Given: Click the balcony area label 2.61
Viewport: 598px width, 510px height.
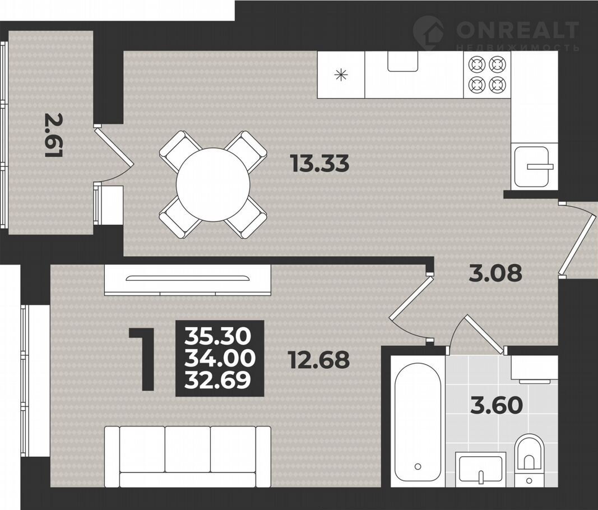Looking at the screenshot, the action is (54, 135).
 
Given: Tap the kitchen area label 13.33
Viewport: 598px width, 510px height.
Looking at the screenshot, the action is (319, 164).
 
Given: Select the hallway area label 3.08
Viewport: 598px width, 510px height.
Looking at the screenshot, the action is (495, 273).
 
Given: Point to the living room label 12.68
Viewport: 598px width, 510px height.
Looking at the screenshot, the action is (319, 360).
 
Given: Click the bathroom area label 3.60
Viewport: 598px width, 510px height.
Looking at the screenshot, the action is (496, 405).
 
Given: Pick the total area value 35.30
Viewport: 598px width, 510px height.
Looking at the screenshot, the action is (218, 336).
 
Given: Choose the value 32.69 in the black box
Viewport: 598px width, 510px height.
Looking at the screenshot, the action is (218, 379).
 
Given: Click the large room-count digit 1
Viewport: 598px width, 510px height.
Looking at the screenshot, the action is (143, 359).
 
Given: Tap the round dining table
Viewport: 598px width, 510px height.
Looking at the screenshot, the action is (213, 184).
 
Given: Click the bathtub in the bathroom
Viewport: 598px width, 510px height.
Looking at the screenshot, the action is (418, 422).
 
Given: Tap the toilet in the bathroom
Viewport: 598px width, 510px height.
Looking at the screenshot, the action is (529, 460).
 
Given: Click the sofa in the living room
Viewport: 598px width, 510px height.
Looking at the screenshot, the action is (188, 457).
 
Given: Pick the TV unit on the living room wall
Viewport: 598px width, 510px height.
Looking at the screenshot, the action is (188, 280).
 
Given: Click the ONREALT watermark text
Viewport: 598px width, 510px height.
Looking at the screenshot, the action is (517, 30).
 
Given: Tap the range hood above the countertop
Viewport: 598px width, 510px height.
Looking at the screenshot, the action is (403, 61).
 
